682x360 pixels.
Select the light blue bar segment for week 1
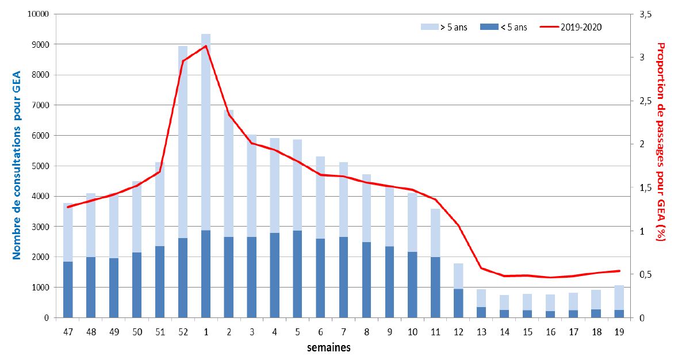point(206,132)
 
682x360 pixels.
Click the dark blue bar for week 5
point(297,274)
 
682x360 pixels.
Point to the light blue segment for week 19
point(619,297)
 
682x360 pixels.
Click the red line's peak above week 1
point(205,46)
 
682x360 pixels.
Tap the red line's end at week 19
point(619,271)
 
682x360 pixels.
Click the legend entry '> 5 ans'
point(444,26)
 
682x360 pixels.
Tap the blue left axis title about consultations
point(17,166)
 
